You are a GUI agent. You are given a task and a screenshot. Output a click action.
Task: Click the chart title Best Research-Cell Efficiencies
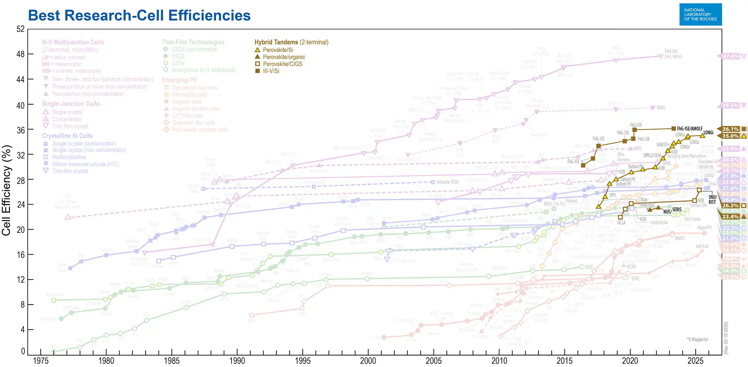[x=139, y=16]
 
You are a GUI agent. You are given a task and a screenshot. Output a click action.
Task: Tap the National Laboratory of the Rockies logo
[x=700, y=14]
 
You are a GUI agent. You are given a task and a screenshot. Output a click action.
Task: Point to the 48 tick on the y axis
[x=20, y=54]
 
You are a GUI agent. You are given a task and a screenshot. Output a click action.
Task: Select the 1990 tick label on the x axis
[x=237, y=361]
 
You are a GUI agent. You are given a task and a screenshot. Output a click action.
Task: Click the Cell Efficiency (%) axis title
[x=7, y=190]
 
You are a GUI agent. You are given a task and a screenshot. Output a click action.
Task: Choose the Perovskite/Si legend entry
[x=278, y=50]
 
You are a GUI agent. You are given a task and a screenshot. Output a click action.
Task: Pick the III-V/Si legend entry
[x=271, y=71]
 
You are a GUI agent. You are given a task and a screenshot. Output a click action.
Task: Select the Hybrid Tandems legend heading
[x=291, y=42]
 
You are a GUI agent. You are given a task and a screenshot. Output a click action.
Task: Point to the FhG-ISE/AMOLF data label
[x=690, y=129]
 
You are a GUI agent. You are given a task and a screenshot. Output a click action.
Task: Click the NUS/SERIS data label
[x=672, y=211]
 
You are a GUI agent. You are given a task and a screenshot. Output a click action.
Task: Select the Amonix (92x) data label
[x=447, y=182]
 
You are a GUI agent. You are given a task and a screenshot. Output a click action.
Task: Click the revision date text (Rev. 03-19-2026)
[x=726, y=338]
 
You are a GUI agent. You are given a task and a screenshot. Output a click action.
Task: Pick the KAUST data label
[x=662, y=145]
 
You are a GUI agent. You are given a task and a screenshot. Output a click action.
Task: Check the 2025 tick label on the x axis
[x=695, y=361]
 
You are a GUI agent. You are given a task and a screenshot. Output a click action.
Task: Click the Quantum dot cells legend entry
[x=193, y=123]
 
